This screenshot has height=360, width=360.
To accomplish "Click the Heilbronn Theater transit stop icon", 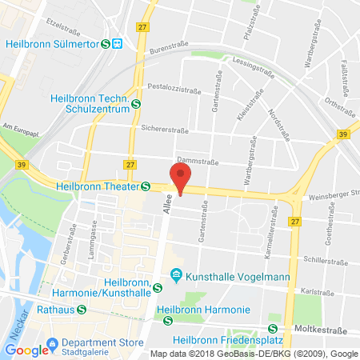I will [x=146, y=186].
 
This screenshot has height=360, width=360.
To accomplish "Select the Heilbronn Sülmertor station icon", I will [x=105, y=44].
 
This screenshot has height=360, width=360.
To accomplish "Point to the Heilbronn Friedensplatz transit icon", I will [x=273, y=328].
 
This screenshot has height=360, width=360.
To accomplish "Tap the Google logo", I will [x=27, y=350].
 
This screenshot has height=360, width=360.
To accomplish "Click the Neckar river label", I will [x=11, y=317].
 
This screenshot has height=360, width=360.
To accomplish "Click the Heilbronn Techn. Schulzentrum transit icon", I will [x=136, y=102].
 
